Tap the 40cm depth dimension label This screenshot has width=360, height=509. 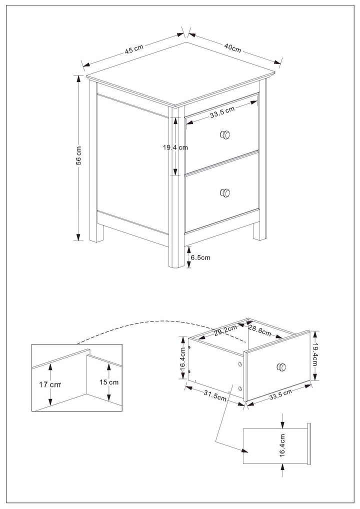232,48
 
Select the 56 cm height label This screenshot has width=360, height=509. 78,157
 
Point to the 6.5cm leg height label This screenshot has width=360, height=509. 200,257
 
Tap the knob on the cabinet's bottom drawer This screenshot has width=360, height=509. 225,192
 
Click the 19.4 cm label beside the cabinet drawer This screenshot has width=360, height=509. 175,147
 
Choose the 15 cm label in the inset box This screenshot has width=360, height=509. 109,382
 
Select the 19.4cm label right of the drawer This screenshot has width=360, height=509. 315,355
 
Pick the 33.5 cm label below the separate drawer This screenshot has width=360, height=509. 280,394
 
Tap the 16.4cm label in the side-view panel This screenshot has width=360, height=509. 282,444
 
